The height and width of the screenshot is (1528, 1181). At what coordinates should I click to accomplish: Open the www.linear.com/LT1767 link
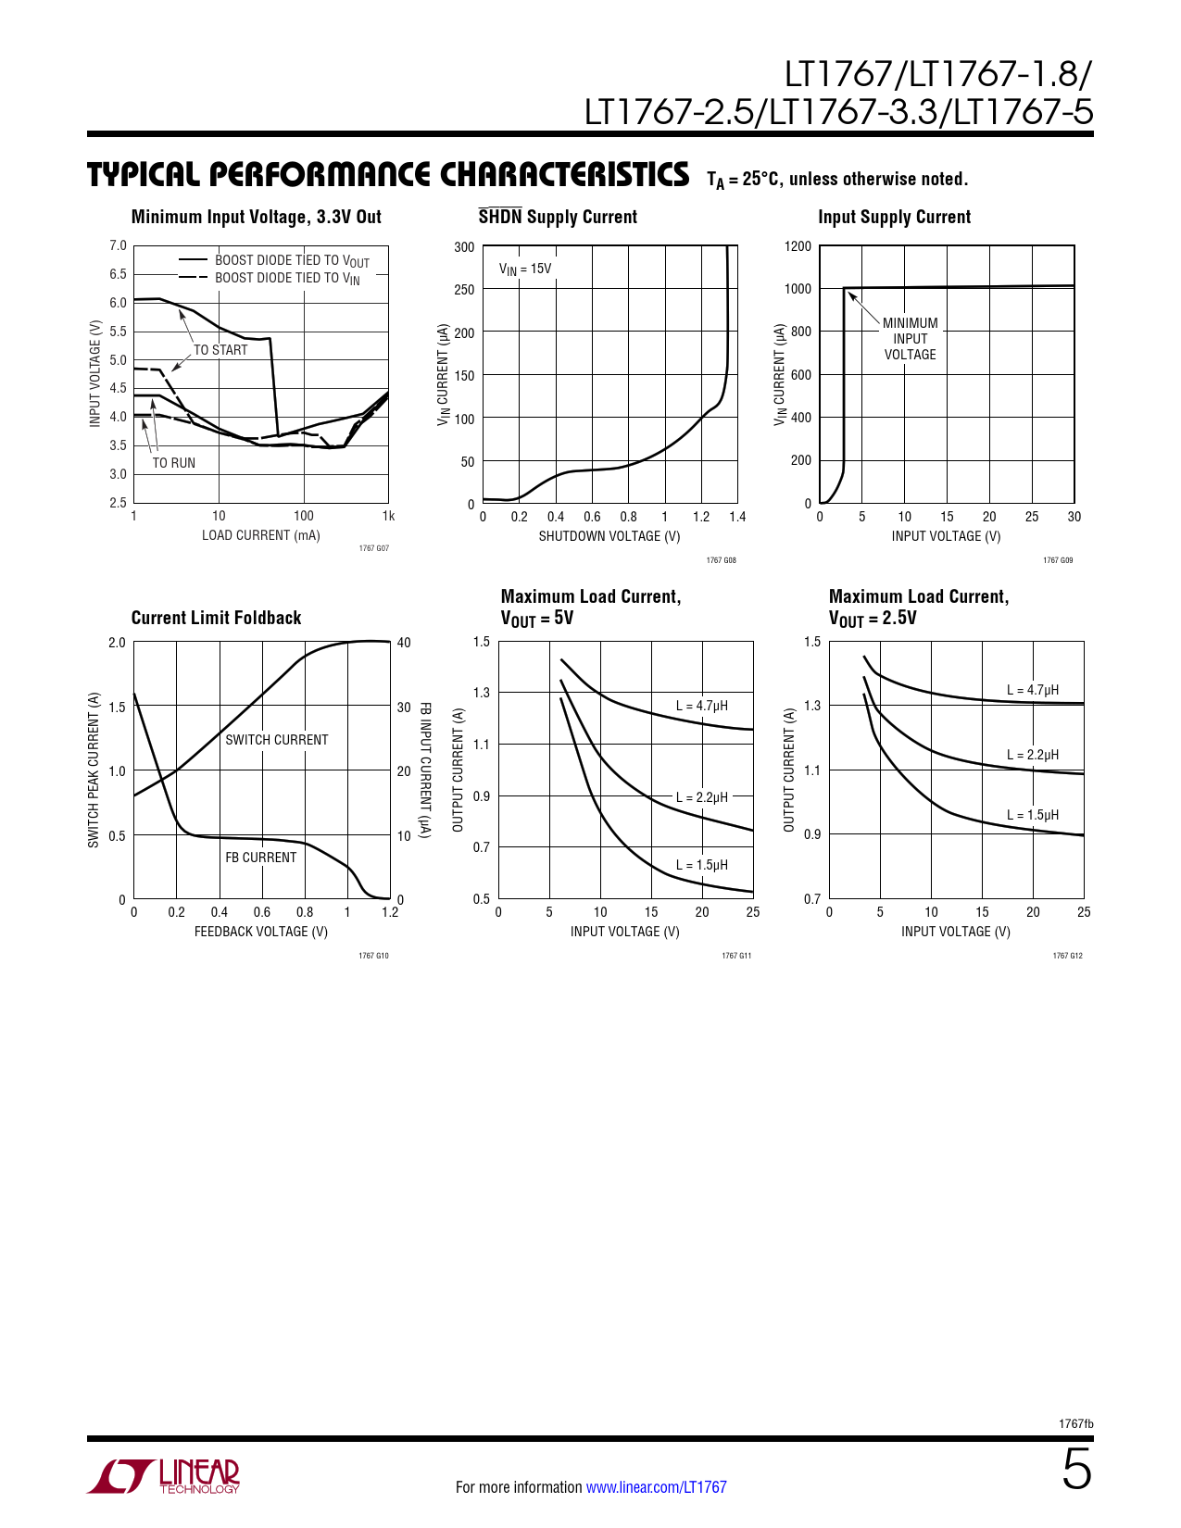pos(656,1487)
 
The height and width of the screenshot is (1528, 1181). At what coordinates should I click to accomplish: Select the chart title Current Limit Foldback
pos(216,618)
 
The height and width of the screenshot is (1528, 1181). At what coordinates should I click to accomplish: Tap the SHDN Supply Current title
pos(558,217)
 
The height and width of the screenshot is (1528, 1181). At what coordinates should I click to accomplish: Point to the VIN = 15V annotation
pos(525,269)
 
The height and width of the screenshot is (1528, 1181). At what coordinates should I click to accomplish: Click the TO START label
pos(220,350)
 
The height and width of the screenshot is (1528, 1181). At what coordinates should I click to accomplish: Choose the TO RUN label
pos(173,463)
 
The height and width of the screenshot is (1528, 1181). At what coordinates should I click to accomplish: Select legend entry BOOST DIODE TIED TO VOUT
pos(292,261)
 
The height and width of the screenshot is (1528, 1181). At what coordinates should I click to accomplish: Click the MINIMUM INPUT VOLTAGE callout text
pos(910,339)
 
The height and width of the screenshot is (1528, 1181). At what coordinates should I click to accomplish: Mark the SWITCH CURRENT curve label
pos(276,740)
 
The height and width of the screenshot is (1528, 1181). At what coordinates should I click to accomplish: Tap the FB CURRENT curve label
pos(260,858)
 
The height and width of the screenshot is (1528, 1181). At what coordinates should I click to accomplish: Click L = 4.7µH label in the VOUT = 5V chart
pos(701,706)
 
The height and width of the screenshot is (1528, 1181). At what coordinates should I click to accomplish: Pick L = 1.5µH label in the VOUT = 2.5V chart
pos(1032,815)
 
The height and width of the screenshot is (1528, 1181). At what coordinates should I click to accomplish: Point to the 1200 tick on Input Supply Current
pos(798,246)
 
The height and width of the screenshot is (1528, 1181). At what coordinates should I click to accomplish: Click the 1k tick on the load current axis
pos(388,516)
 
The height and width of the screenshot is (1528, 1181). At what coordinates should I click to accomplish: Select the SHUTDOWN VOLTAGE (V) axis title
pos(609,536)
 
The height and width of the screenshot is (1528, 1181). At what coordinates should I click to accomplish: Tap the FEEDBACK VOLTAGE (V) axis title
pos(260,932)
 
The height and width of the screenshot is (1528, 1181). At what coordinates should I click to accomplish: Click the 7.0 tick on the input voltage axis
pos(118,245)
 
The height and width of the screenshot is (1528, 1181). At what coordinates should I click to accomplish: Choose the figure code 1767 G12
pos(1067,956)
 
